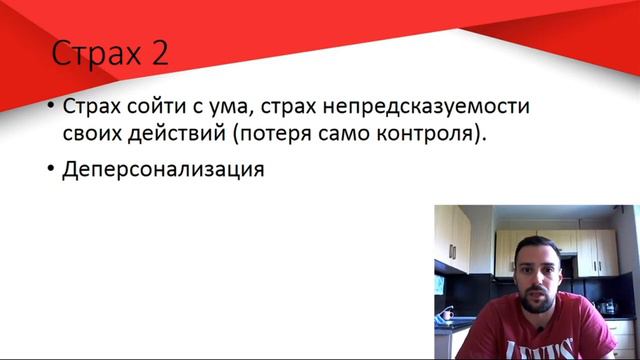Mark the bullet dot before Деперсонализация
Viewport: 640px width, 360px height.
(50, 170)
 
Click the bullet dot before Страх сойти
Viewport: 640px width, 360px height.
(50, 107)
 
